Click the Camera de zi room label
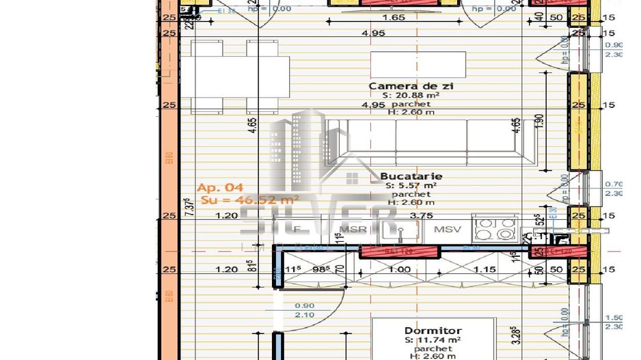tap(411, 87)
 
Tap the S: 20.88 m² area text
tap(411, 96)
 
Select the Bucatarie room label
tap(411, 176)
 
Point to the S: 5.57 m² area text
tap(411, 185)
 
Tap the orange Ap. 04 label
tap(216, 187)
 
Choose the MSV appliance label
tap(448, 229)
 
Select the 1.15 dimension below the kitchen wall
tap(485, 270)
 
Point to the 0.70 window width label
tap(613, 184)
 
